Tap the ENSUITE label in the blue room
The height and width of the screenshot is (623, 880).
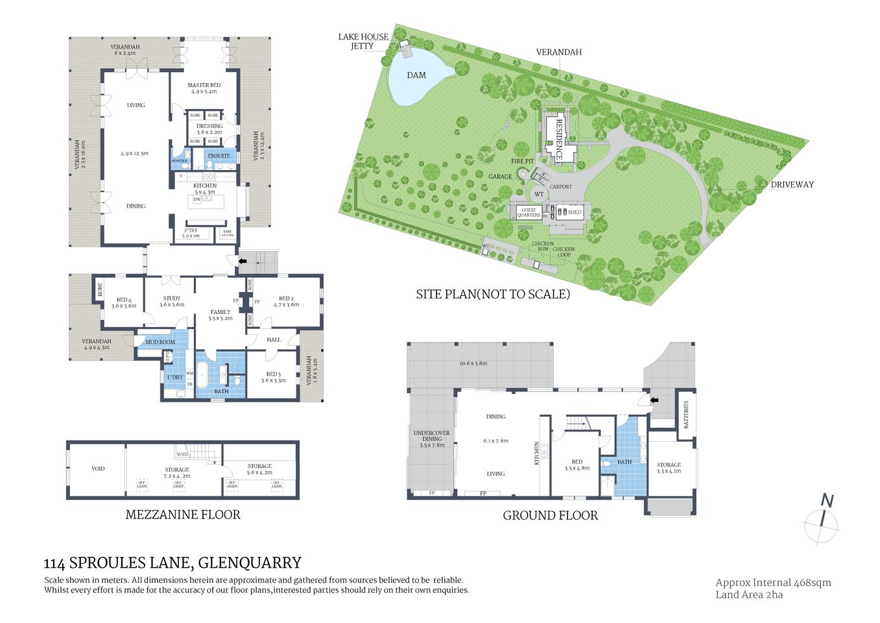point(219,156)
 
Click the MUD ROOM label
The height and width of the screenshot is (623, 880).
point(160,342)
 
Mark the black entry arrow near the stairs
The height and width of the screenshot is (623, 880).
point(243,261)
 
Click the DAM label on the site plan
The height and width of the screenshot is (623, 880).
point(416,75)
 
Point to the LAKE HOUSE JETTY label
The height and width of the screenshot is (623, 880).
point(363,41)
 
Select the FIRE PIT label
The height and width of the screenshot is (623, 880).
point(522,161)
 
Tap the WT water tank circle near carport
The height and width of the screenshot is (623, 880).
point(539,194)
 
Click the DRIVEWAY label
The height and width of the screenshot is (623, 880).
point(792,185)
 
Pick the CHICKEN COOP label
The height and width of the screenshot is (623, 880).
point(564,252)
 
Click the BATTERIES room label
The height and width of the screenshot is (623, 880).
point(685,414)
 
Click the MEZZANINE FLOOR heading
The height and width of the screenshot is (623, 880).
point(182,515)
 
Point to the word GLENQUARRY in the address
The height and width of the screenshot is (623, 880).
point(250,563)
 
